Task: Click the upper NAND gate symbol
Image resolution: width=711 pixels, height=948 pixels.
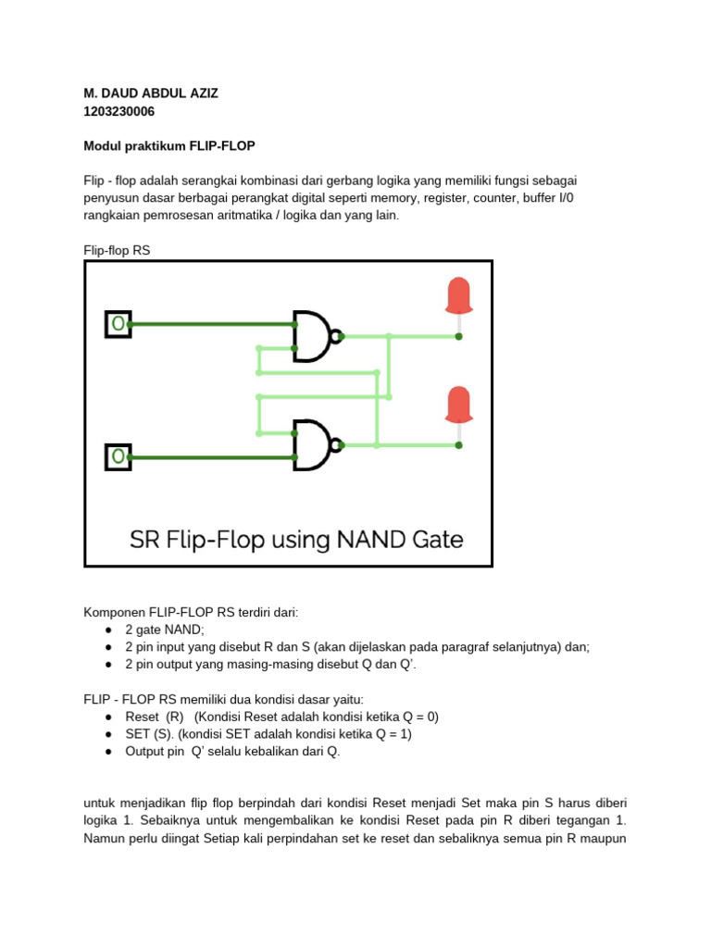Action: click(x=313, y=335)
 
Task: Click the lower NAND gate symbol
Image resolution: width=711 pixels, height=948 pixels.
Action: click(x=313, y=444)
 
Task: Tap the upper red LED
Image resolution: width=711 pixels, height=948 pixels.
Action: click(x=458, y=296)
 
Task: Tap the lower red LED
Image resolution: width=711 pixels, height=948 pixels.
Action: click(x=458, y=405)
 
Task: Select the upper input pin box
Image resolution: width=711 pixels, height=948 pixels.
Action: click(x=118, y=324)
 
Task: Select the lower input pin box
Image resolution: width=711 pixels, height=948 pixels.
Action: click(x=118, y=457)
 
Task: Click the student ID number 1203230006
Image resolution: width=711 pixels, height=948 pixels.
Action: click(x=118, y=112)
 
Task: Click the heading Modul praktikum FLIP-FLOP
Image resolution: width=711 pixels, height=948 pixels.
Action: click(x=169, y=146)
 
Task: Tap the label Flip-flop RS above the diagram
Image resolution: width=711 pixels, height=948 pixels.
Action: click(x=117, y=250)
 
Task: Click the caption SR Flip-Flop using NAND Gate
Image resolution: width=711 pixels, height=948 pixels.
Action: click(x=295, y=539)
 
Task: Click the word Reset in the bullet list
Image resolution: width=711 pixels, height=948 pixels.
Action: click(x=143, y=717)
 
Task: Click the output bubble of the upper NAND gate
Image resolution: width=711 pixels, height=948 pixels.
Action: click(x=339, y=336)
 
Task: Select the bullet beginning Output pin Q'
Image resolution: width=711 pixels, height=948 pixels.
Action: click(x=232, y=752)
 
